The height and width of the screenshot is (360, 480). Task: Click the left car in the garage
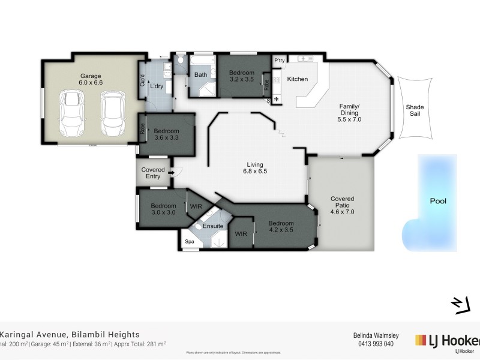coord(72,113)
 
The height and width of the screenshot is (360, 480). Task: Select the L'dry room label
coord(157,86)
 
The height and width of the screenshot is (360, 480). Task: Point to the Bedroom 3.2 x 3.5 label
coord(242,75)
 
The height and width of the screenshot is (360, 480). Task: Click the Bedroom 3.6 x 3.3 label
coord(166,134)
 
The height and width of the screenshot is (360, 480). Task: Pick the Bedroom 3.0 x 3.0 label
coord(163,208)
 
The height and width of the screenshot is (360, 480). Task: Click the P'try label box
coord(279,61)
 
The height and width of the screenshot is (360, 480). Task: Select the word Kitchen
coord(297,79)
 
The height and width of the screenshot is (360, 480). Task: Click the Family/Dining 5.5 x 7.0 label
coord(350,113)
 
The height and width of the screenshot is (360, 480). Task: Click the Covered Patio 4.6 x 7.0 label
coord(343,205)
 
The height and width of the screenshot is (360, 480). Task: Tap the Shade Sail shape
coord(414,109)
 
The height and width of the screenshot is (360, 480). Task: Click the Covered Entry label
coord(153,173)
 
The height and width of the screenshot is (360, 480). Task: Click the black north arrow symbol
coord(460,305)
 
